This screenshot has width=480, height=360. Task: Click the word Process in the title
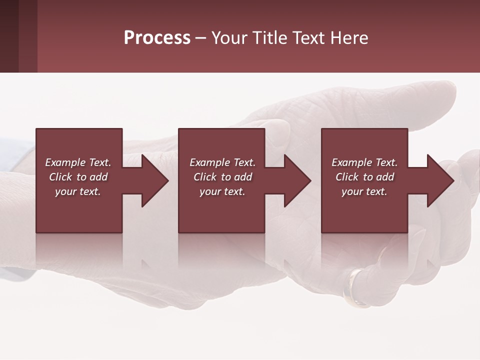pyautogui.click(x=157, y=38)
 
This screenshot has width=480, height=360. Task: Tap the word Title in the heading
pyautogui.click(x=269, y=38)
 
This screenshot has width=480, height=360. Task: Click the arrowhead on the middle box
pyautogui.click(x=294, y=180)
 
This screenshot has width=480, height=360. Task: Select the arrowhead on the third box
pyautogui.click(x=437, y=180)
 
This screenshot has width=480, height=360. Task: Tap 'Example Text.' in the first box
pyautogui.click(x=78, y=162)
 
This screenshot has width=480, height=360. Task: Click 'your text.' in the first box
pyautogui.click(x=78, y=191)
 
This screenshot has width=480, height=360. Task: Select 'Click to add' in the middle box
pyautogui.click(x=222, y=177)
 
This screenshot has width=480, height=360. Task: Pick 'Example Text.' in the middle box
pyautogui.click(x=222, y=162)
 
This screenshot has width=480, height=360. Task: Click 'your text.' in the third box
pyautogui.click(x=364, y=191)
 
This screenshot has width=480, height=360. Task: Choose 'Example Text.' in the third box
pyautogui.click(x=364, y=162)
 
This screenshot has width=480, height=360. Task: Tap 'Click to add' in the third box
pyautogui.click(x=364, y=177)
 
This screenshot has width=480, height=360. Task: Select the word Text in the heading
pyautogui.click(x=306, y=38)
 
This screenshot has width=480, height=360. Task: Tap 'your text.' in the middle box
pyautogui.click(x=222, y=191)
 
